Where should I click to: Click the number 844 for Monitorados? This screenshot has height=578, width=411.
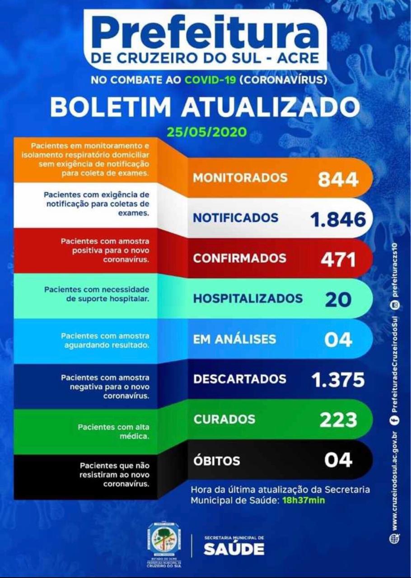click(x=338, y=179)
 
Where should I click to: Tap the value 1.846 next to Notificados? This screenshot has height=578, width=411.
click(x=338, y=219)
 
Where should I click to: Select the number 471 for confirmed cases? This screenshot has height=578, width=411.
click(x=338, y=259)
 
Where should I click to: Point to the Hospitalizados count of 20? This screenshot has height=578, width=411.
click(x=338, y=299)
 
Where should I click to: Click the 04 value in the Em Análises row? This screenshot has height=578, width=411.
click(x=338, y=340)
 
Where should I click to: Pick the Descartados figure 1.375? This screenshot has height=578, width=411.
click(x=338, y=380)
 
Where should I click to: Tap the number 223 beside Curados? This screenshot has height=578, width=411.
click(x=338, y=420)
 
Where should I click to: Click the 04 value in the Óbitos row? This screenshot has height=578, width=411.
click(x=338, y=460)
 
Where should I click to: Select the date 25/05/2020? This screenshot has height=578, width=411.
click(x=206, y=133)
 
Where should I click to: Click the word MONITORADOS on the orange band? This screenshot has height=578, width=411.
click(x=240, y=178)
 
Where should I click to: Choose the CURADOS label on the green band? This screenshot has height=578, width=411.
click(x=224, y=419)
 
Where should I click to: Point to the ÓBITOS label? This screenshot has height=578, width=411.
click(x=217, y=461)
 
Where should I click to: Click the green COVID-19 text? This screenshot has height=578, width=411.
click(x=210, y=81)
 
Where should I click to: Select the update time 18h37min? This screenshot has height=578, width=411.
click(x=304, y=500)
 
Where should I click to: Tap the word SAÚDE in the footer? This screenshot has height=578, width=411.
click(x=234, y=549)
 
